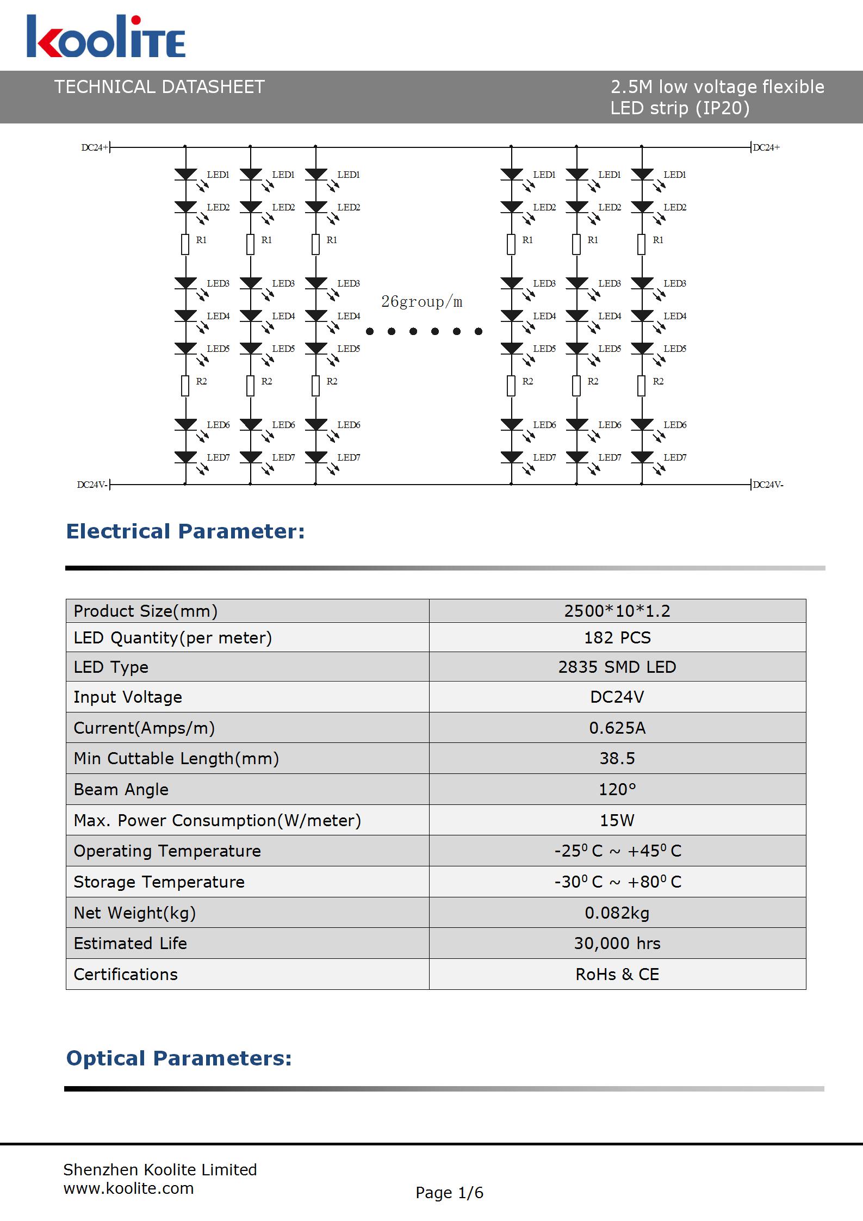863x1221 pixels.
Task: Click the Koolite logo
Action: pyautogui.click(x=106, y=36)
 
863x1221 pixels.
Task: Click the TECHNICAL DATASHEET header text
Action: pyautogui.click(x=159, y=87)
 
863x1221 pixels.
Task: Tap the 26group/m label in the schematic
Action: pyautogui.click(x=421, y=302)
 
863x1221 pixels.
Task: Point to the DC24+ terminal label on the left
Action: pyautogui.click(x=95, y=147)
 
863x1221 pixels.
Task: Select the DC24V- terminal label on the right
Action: pyautogui.click(x=768, y=485)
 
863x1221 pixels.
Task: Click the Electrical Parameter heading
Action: pyautogui.click(x=185, y=531)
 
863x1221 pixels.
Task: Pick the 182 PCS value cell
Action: pyautogui.click(x=617, y=637)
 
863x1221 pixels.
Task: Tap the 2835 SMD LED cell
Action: pyautogui.click(x=617, y=667)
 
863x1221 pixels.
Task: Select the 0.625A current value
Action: pyautogui.click(x=617, y=728)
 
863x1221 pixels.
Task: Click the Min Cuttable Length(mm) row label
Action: pyautogui.click(x=176, y=758)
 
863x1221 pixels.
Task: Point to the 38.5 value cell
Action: pyautogui.click(x=617, y=758)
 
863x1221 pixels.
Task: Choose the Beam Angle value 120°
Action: pyautogui.click(x=617, y=789)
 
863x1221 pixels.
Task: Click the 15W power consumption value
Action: pyautogui.click(x=617, y=820)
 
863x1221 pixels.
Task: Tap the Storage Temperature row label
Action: pyautogui.click(x=159, y=882)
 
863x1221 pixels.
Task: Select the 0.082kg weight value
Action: pyautogui.click(x=617, y=913)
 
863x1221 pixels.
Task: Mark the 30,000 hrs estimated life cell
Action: pyautogui.click(x=617, y=943)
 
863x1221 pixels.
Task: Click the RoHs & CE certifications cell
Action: pyautogui.click(x=617, y=974)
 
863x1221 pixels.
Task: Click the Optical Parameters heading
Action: pyautogui.click(x=179, y=1058)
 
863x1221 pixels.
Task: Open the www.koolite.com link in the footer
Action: pyautogui.click(x=128, y=1188)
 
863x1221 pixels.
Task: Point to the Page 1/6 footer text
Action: pyautogui.click(x=449, y=1193)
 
